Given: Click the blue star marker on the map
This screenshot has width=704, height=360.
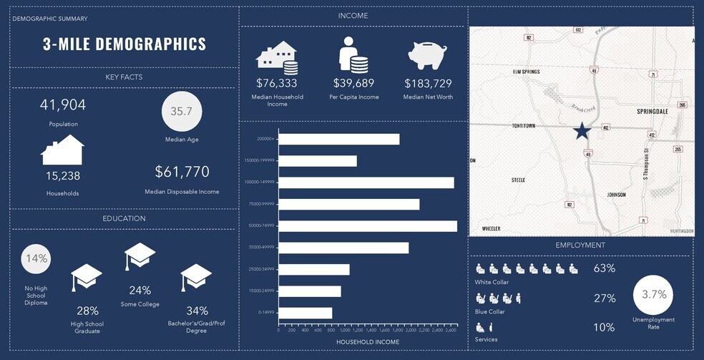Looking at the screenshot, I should point(582,131).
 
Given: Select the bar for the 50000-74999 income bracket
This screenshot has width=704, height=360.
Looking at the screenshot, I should point(367,226).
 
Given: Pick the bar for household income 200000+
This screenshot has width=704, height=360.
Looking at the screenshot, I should point(338,140).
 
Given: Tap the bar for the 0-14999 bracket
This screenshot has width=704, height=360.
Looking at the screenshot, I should point(305,313).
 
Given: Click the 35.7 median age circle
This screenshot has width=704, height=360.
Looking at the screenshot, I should point(181,112).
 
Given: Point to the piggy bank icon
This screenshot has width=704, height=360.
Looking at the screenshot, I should point(427,55).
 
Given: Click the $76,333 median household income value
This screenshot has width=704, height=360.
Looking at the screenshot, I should point(277,83).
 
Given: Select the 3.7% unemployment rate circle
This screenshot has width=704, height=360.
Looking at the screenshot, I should point(654,294).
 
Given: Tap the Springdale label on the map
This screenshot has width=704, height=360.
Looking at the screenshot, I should point(651,112).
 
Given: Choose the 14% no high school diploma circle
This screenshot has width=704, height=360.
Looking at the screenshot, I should point(36,258).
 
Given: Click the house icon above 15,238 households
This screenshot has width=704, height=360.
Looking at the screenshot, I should point(63,150).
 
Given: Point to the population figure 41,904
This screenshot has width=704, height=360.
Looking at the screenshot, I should point(63,105).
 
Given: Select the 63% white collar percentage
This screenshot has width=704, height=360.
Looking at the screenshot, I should point(604,268).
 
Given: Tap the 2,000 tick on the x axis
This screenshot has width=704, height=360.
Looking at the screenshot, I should point(411,331).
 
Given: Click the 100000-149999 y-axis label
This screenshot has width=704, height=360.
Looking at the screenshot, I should point(260,183).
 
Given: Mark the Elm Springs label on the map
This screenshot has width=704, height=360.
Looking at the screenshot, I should point(526,72).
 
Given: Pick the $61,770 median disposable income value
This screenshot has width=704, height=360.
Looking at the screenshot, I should point(182,172).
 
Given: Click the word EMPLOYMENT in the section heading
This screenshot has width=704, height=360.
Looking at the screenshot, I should point(580,245).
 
